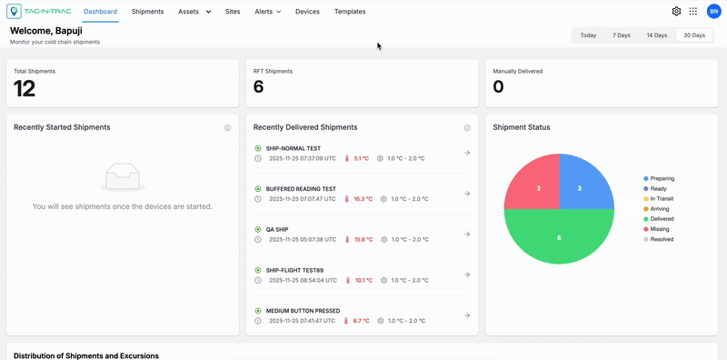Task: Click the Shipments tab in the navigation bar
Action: [147, 12]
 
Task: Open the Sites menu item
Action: [233, 12]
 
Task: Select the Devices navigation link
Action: [307, 12]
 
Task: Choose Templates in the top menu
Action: [350, 12]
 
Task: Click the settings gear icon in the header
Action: [676, 12]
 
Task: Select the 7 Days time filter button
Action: [621, 35]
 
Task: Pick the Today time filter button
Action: [588, 35]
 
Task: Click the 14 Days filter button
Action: [656, 35]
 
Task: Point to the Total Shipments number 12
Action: [25, 88]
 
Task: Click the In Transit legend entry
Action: [658, 198]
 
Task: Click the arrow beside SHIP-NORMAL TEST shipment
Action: [467, 153]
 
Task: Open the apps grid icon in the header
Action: [693, 12]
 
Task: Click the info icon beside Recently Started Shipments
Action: [227, 128]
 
